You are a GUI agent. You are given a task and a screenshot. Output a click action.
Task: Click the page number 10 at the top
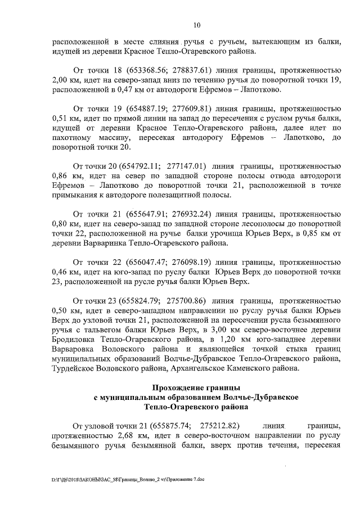[x=196, y=25]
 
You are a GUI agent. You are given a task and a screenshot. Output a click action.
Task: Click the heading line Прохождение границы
[x=196, y=388]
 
